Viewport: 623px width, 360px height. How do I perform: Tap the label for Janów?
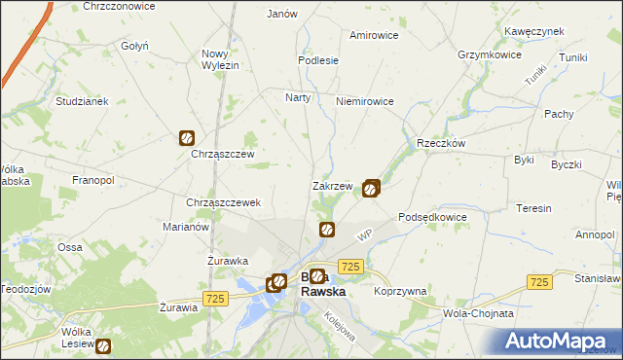(281, 15)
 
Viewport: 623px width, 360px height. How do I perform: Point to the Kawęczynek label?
(534, 31)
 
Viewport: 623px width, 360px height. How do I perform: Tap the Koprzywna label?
(400, 291)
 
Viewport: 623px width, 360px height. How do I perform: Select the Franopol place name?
(93, 180)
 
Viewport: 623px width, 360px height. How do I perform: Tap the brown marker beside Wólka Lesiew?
(103, 345)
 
